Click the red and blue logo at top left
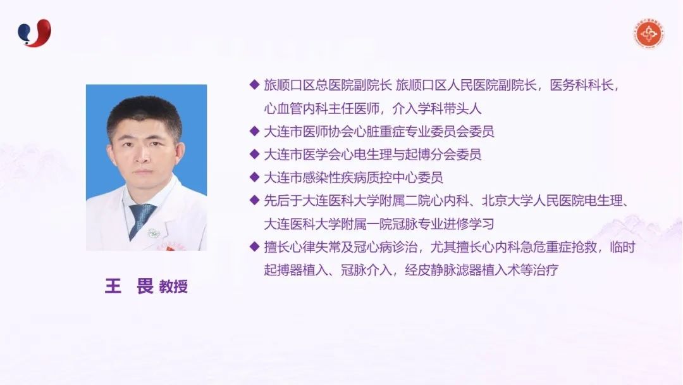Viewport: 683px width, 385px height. [34, 33]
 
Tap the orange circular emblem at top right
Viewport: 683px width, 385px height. [649, 34]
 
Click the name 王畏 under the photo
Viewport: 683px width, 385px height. [130, 286]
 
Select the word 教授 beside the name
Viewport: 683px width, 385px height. [173, 286]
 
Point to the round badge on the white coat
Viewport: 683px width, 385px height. [153, 233]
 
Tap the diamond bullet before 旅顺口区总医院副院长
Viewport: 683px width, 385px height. [254, 85]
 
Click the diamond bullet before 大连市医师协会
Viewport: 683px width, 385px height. [254, 131]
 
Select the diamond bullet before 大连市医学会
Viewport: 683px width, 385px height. [254, 154]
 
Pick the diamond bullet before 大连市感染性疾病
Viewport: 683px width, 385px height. [254, 177]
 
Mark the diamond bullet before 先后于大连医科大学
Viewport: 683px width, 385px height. [254, 200]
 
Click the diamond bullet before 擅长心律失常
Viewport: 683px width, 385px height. [254, 246]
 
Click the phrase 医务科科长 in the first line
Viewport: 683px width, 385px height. [582, 85]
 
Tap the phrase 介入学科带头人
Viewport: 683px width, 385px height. [437, 108]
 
